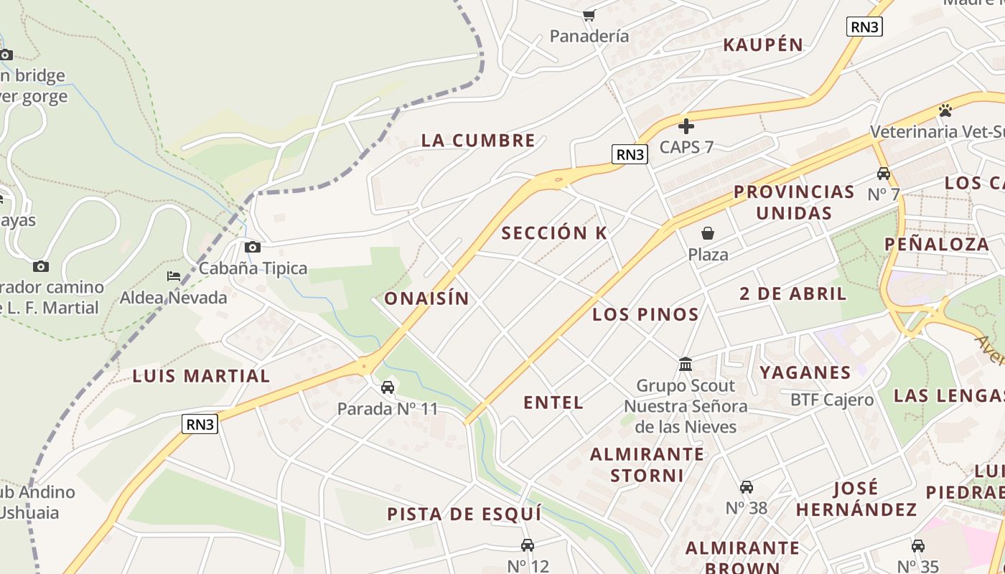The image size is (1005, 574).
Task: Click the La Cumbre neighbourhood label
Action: pos(478,140)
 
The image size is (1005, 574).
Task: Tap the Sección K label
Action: pos(554,232)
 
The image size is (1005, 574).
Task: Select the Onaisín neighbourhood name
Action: pos(426,298)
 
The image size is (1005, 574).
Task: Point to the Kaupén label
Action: pos(763,44)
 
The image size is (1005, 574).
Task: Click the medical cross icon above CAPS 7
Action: pos(686,126)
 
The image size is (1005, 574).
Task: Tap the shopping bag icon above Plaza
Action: pos(708,233)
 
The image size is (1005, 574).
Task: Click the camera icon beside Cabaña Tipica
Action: pos(253,248)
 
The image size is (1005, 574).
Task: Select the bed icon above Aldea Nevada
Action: pos(174,276)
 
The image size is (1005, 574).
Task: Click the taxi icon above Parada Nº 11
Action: pos(388,387)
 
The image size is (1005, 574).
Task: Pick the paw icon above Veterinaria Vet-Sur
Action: pos(945,110)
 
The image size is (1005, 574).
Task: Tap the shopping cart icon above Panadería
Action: pos(589,15)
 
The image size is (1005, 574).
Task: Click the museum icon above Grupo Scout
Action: pos(686,364)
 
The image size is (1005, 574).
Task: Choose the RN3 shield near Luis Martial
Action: pos(200,424)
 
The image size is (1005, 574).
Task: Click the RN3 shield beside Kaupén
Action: pos(864,27)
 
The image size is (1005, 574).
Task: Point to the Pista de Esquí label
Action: pos(464,514)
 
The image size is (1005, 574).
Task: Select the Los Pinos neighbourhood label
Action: pos(645,314)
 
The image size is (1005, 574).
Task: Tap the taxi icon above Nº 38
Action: pos(747,487)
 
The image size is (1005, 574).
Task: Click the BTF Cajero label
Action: pos(832,400)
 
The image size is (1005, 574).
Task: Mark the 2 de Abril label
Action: pos(793,293)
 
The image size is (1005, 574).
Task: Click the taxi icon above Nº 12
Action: pos(528,545)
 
